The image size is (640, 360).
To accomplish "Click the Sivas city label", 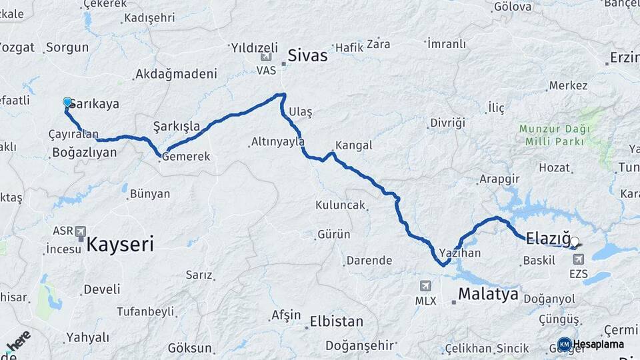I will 307,55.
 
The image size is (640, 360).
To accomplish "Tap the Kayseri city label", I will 120,244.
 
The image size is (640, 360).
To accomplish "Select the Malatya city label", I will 488,294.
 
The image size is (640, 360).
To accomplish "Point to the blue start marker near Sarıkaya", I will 67,102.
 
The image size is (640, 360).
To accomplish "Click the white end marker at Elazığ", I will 575,242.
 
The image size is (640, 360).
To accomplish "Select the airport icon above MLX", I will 425,286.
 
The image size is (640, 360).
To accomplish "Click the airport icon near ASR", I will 81,231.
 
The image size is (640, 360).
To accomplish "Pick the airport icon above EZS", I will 578,259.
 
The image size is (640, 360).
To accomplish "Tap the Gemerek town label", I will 185,157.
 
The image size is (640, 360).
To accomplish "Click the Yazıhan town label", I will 460,253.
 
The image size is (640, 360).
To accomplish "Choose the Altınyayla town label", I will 278,141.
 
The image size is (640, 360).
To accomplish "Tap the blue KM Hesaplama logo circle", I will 564,344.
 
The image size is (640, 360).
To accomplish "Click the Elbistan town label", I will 337,321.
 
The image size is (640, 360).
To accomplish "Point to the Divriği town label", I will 447,123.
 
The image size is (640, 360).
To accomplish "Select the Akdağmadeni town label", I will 176,74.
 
